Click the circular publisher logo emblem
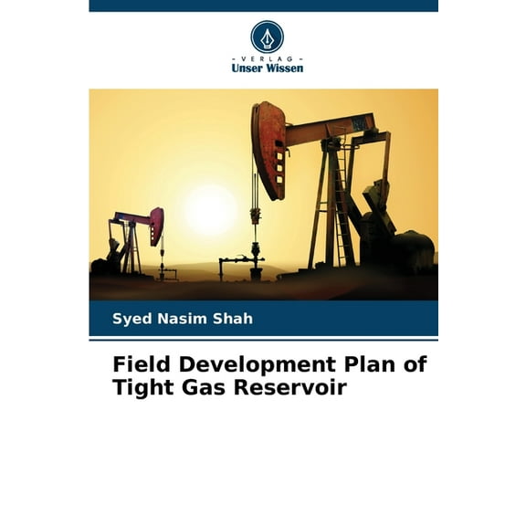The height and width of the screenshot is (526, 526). pos(267,37)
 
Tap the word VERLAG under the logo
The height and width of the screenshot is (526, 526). pos(267,58)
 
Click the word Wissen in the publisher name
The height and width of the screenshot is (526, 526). pos(285,68)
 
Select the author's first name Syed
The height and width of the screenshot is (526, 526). pos(129,319)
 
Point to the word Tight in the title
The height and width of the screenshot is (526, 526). pos(138,387)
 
